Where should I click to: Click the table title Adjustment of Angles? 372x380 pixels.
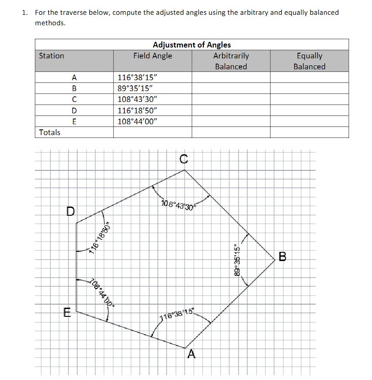[192, 44]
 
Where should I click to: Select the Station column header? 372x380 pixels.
[51, 56]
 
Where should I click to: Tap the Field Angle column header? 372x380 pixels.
[153, 56]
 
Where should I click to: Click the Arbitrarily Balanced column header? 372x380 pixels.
[231, 61]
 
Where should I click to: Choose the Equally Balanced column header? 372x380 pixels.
[309, 61]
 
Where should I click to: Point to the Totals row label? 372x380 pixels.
[50, 132]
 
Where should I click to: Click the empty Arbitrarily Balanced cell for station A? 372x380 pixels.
[231, 78]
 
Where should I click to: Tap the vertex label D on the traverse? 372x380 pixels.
[70, 212]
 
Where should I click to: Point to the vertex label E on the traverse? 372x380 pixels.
[66, 312]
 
